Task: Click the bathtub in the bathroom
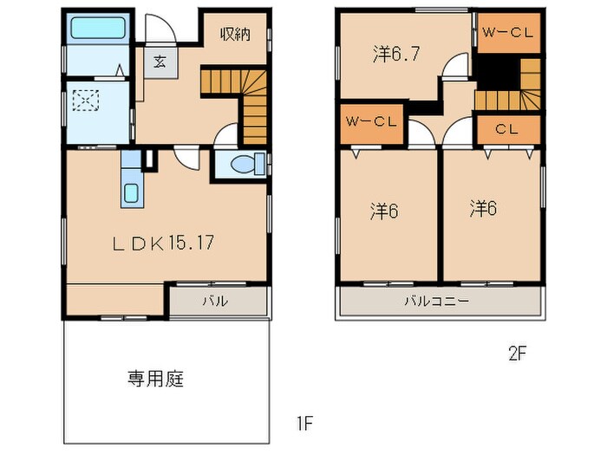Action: pyautogui.click(x=97, y=29)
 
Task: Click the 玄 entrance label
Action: pyautogui.click(x=160, y=62)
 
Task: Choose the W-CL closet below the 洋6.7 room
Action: pyautogui.click(x=371, y=121)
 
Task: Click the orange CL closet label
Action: pyautogui.click(x=507, y=129)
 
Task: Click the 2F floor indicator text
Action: pyautogui.click(x=519, y=354)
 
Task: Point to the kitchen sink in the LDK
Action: pyautogui.click(x=131, y=192)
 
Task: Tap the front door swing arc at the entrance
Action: pyautogui.click(x=162, y=32)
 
